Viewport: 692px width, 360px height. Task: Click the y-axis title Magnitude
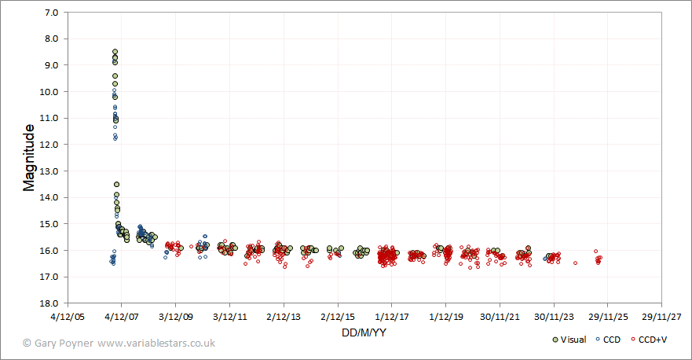pos(29,157)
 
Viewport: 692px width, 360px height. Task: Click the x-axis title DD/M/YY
pos(363,332)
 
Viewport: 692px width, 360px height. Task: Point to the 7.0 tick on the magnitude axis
pos(55,13)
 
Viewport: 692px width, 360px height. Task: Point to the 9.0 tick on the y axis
pos(55,65)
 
